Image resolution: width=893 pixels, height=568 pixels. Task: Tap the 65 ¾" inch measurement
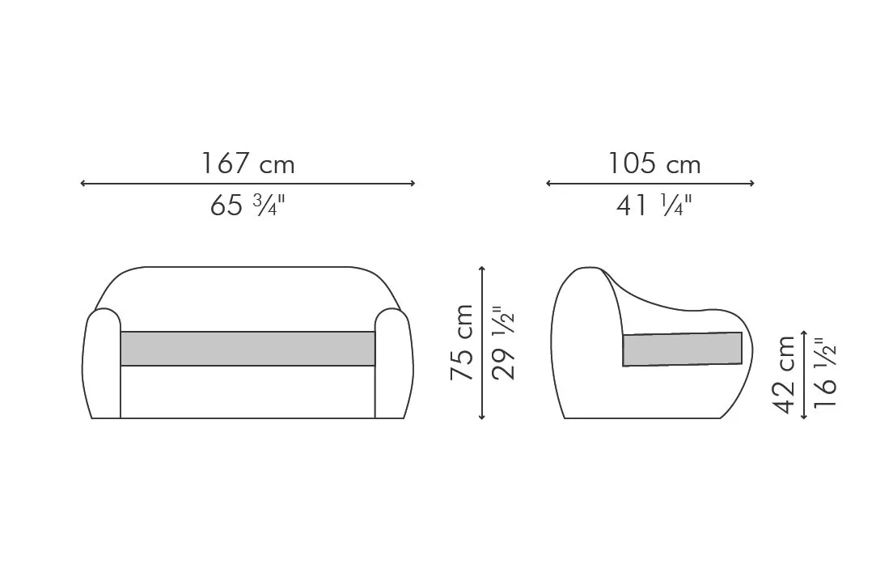pos(247,205)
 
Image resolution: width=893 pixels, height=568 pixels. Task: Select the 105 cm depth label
pos(654,163)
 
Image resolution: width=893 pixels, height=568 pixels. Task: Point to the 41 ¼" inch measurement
pos(654,205)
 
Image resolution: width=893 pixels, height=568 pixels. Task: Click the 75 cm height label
pos(462,342)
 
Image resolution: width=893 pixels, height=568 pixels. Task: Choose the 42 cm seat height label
pos(785,375)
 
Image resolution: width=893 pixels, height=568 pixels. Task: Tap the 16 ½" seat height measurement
pos(825,373)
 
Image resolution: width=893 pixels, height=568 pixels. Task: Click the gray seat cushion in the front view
pos(248,348)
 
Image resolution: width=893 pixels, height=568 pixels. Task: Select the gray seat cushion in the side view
pos(682,349)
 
